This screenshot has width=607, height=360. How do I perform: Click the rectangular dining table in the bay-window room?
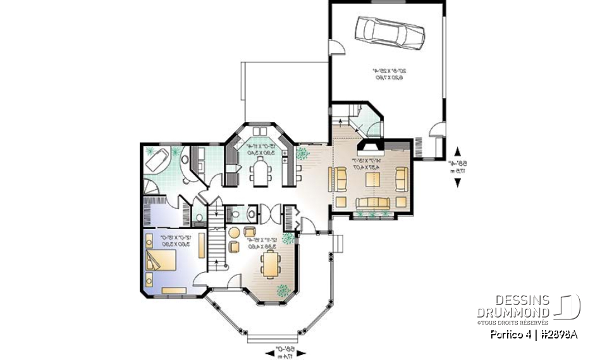[269, 263]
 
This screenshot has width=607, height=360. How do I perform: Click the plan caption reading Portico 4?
[534, 335]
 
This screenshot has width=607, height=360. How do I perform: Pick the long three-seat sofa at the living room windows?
[371, 202]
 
